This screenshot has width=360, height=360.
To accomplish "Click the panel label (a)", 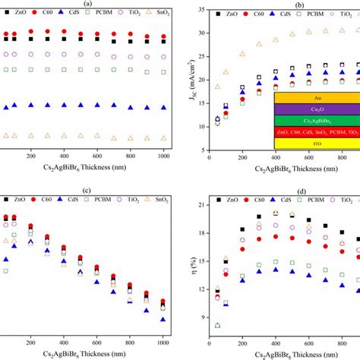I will [89, 4].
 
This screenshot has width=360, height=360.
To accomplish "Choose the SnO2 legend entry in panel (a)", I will [160, 14].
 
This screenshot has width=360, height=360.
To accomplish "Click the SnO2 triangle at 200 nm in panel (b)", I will [242, 54].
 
